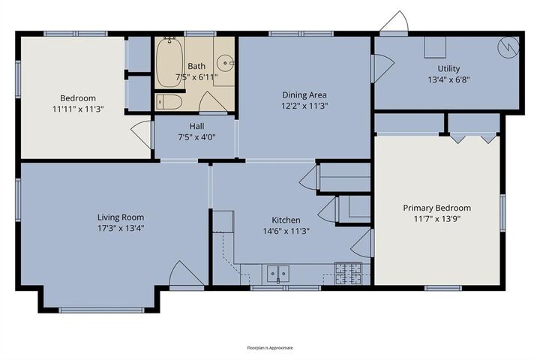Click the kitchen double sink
277,274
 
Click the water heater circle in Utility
508,46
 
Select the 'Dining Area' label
304,94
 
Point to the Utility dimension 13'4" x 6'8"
448,79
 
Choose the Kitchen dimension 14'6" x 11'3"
286,231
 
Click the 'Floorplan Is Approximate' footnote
270,348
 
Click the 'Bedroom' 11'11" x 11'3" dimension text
78,109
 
